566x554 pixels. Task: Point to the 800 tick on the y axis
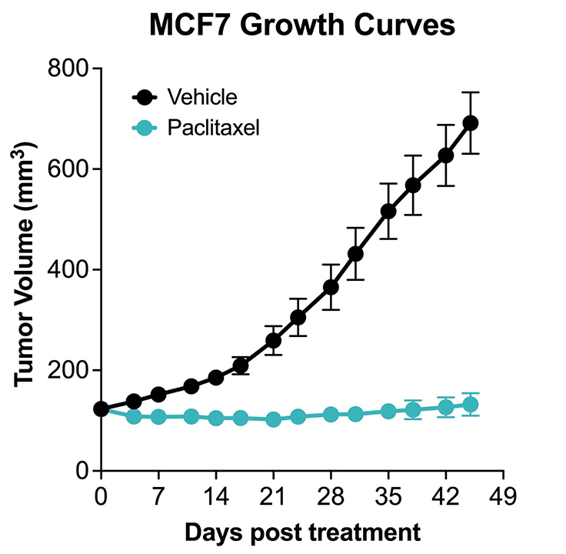pos(71,68)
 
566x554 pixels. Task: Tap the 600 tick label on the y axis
pos(71,169)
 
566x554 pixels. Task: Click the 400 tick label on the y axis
pos(71,270)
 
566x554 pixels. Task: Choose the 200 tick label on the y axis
pos(71,370)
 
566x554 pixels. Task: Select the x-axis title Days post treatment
pos(302,531)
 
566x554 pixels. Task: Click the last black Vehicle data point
pos(471,123)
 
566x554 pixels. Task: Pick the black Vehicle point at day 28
pos(331,287)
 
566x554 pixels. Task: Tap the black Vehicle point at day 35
pos(388,211)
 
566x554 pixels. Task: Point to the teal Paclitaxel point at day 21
pos(273,419)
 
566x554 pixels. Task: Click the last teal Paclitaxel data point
pos(471,404)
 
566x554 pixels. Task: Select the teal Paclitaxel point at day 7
pos(158,416)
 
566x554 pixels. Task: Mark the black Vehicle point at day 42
pos(446,155)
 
